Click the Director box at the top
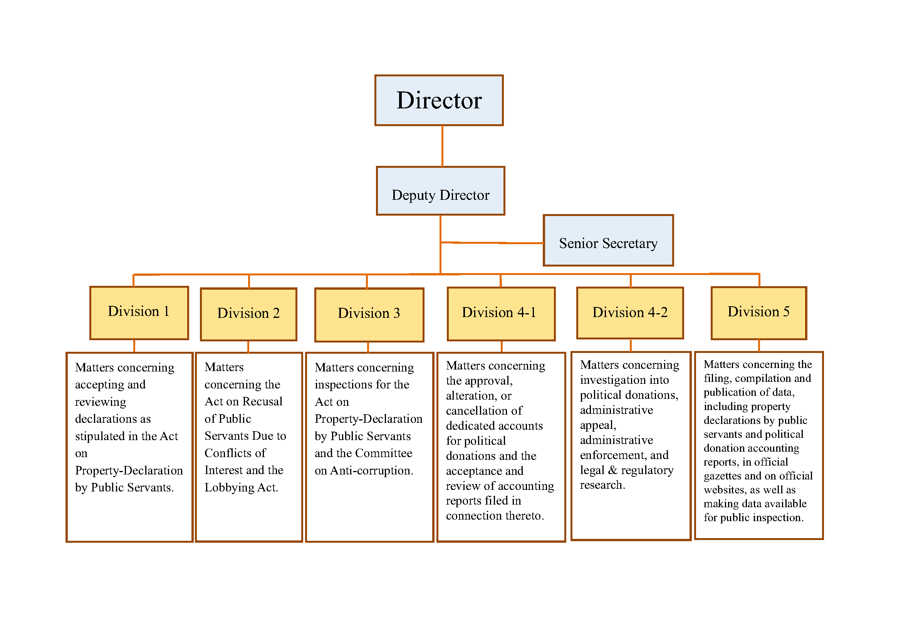(439, 100)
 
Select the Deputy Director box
(440, 191)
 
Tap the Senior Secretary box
(608, 240)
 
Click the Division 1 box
(139, 313)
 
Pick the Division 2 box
(248, 314)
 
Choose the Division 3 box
(369, 315)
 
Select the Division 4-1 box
(501, 314)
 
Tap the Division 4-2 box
(629, 313)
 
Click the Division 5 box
(758, 313)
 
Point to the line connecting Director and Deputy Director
(442, 146)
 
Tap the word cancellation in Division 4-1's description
(484, 410)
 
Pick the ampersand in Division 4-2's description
(612, 470)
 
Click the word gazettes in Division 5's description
(722, 476)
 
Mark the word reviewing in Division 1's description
(101, 402)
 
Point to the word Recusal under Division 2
(262, 402)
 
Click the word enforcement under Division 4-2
(613, 455)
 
